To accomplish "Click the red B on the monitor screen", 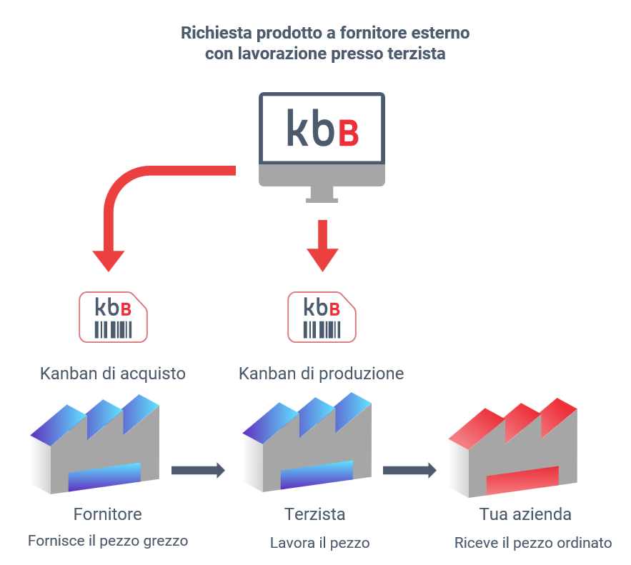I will [x=347, y=130].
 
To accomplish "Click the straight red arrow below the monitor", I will [x=322, y=246].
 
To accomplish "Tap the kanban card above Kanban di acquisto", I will [x=113, y=316].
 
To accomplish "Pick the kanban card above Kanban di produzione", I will [x=322, y=316].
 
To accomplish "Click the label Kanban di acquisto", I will [x=113, y=374].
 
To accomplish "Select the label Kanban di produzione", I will [x=321, y=374].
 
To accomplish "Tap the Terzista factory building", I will [x=307, y=449].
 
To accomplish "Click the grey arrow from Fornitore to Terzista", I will [x=198, y=470].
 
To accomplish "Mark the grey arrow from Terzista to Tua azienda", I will [x=409, y=470].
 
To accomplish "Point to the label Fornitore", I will [x=108, y=514].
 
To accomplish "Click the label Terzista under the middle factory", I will [x=314, y=514].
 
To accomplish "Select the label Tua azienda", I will [x=525, y=515].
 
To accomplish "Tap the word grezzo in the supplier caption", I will [x=165, y=541].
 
